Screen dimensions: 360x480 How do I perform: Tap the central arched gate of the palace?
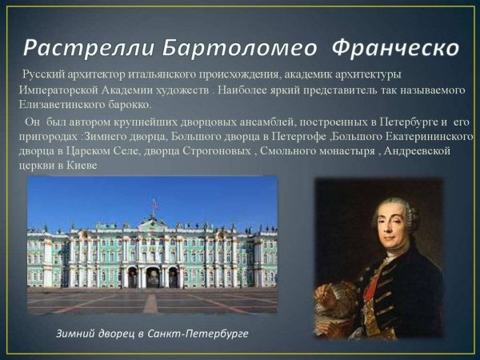[x=152, y=277]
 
